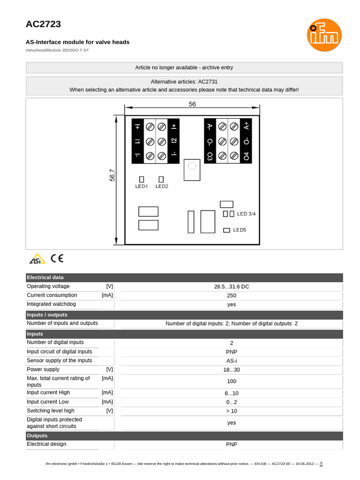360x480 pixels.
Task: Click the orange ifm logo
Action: pos(324,35)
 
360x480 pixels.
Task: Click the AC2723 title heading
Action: pos(43,24)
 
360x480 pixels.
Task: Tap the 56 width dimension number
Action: pos(192,104)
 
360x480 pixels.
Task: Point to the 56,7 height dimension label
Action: pos(112,176)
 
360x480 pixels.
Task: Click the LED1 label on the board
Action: pos(142,187)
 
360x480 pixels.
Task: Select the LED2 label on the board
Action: pos(162,187)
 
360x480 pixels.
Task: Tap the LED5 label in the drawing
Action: pos(240,230)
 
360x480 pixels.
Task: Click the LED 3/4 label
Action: pos(247,214)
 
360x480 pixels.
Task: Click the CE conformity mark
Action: pos(57,258)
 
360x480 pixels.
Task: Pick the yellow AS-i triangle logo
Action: pos(37,259)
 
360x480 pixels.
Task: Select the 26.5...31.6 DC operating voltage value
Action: pos(231,286)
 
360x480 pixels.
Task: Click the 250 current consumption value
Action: pos(231,295)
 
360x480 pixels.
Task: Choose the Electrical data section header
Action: pos(45,277)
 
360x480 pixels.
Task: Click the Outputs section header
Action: pos(37,435)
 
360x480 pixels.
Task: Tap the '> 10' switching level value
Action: pos(231,411)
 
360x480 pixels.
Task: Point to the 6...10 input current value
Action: pos(231,393)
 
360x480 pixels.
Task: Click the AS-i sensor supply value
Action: pos(231,360)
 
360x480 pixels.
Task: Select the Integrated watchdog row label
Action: pos(52,304)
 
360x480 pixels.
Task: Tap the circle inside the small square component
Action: pos(191,165)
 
